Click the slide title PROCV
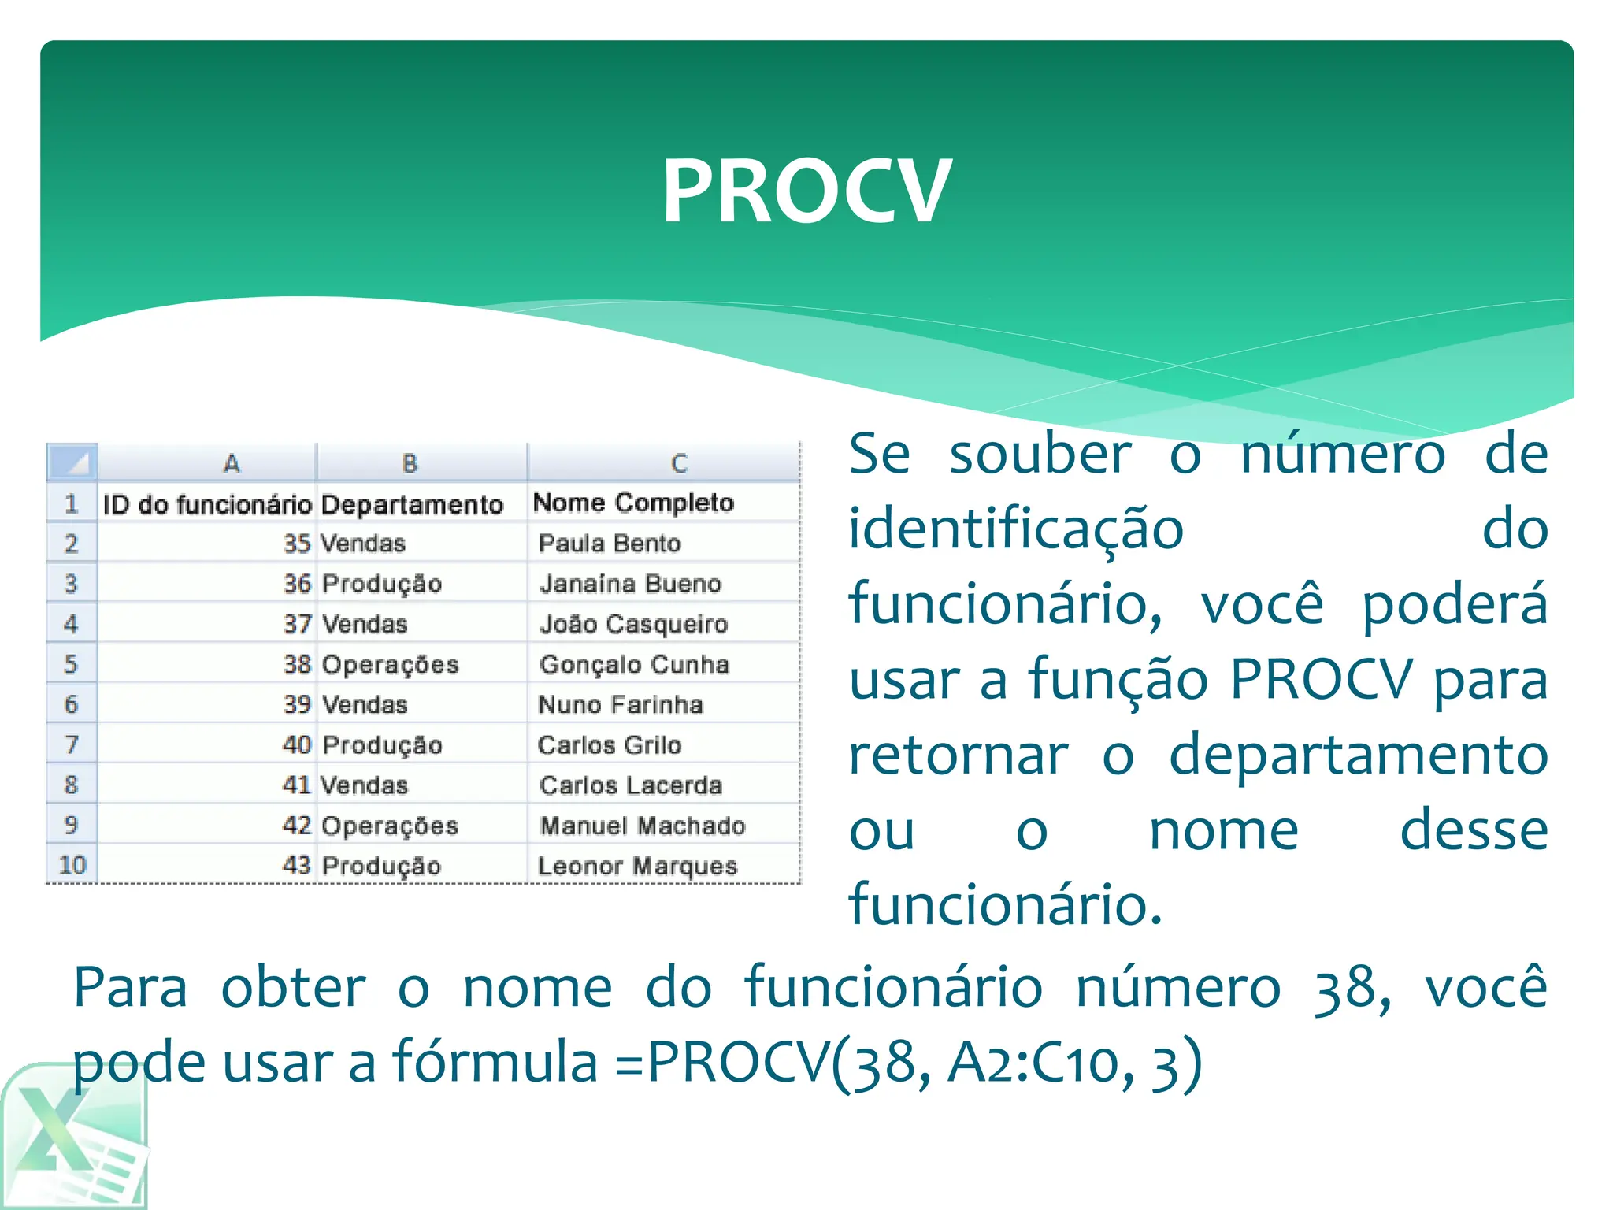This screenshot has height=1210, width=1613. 806,191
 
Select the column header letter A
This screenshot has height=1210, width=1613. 231,462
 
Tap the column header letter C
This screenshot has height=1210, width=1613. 679,462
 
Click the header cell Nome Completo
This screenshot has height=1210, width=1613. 633,503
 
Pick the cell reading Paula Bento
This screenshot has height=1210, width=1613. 610,544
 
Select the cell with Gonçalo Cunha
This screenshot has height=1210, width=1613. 634,664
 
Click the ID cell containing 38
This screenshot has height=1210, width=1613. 298,664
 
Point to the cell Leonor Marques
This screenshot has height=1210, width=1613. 637,866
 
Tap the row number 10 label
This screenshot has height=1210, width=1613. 72,865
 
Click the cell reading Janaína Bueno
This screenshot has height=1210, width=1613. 630,584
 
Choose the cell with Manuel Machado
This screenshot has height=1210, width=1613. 643,826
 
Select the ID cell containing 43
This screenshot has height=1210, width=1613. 297,865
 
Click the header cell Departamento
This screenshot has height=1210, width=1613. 412,504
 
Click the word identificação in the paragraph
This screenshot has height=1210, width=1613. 1016,529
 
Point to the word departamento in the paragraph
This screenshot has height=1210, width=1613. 1358,755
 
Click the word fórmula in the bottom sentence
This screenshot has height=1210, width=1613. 495,1062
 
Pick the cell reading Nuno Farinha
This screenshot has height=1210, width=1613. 620,704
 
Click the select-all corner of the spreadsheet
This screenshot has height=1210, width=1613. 72,462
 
